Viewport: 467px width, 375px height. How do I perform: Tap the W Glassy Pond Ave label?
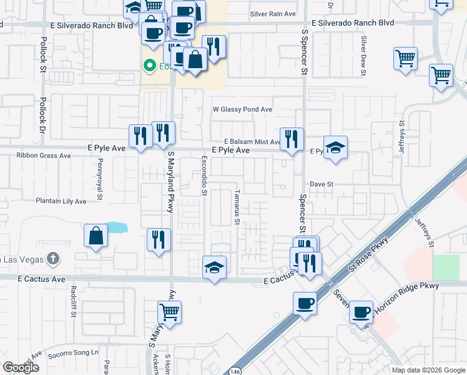pos(243,109)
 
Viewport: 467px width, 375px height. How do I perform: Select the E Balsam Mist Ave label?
pos(253,142)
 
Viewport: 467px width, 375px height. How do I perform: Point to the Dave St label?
pos(323,184)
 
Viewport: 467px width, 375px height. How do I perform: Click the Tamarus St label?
pos(237,207)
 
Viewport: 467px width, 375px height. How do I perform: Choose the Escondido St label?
pos(204,175)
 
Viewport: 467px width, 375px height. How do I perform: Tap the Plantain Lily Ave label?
pos(61,201)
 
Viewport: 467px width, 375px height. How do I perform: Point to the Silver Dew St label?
pos(363,55)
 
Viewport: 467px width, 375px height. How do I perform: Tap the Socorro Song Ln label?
pos(73,352)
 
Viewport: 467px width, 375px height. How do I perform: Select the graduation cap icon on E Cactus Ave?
pos(214,267)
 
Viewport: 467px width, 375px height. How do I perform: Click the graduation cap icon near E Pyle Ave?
pos(335,147)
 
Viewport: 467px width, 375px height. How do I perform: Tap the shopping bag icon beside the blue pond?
pos(96,236)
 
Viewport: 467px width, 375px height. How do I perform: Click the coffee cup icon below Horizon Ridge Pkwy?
pos(361,312)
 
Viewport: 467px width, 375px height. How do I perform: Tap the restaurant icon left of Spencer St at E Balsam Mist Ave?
pos(292,139)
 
